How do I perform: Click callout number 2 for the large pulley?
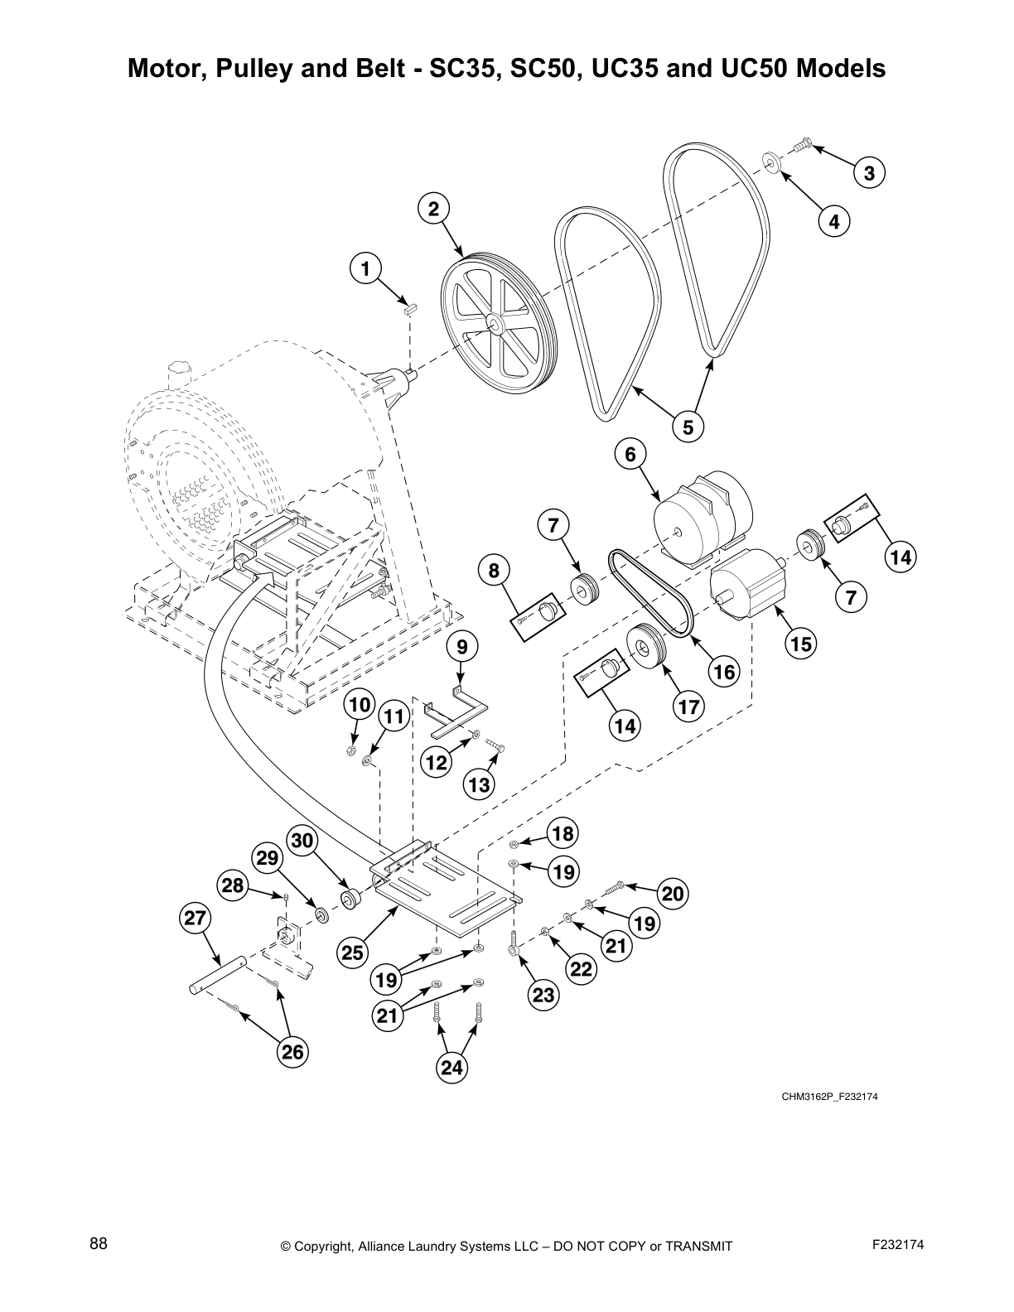[x=433, y=209]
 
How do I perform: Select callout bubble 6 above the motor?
[x=630, y=454]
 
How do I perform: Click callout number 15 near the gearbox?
[x=801, y=643]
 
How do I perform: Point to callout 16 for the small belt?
[x=724, y=671]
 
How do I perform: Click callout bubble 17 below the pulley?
[x=688, y=707]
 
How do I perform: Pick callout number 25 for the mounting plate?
[x=353, y=953]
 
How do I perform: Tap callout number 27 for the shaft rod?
[x=196, y=918]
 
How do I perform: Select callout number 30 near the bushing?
[x=302, y=842]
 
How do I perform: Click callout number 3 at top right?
[x=869, y=173]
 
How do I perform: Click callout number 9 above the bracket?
[x=462, y=646]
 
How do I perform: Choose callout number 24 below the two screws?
[x=451, y=1068]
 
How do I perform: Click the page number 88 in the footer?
[x=99, y=1243]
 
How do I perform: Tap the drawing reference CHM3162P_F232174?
[x=829, y=1097]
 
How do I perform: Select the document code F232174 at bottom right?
[x=897, y=1244]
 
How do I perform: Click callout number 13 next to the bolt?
[x=479, y=784]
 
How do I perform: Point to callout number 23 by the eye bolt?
[x=543, y=995]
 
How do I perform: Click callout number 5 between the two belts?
[x=688, y=427]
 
